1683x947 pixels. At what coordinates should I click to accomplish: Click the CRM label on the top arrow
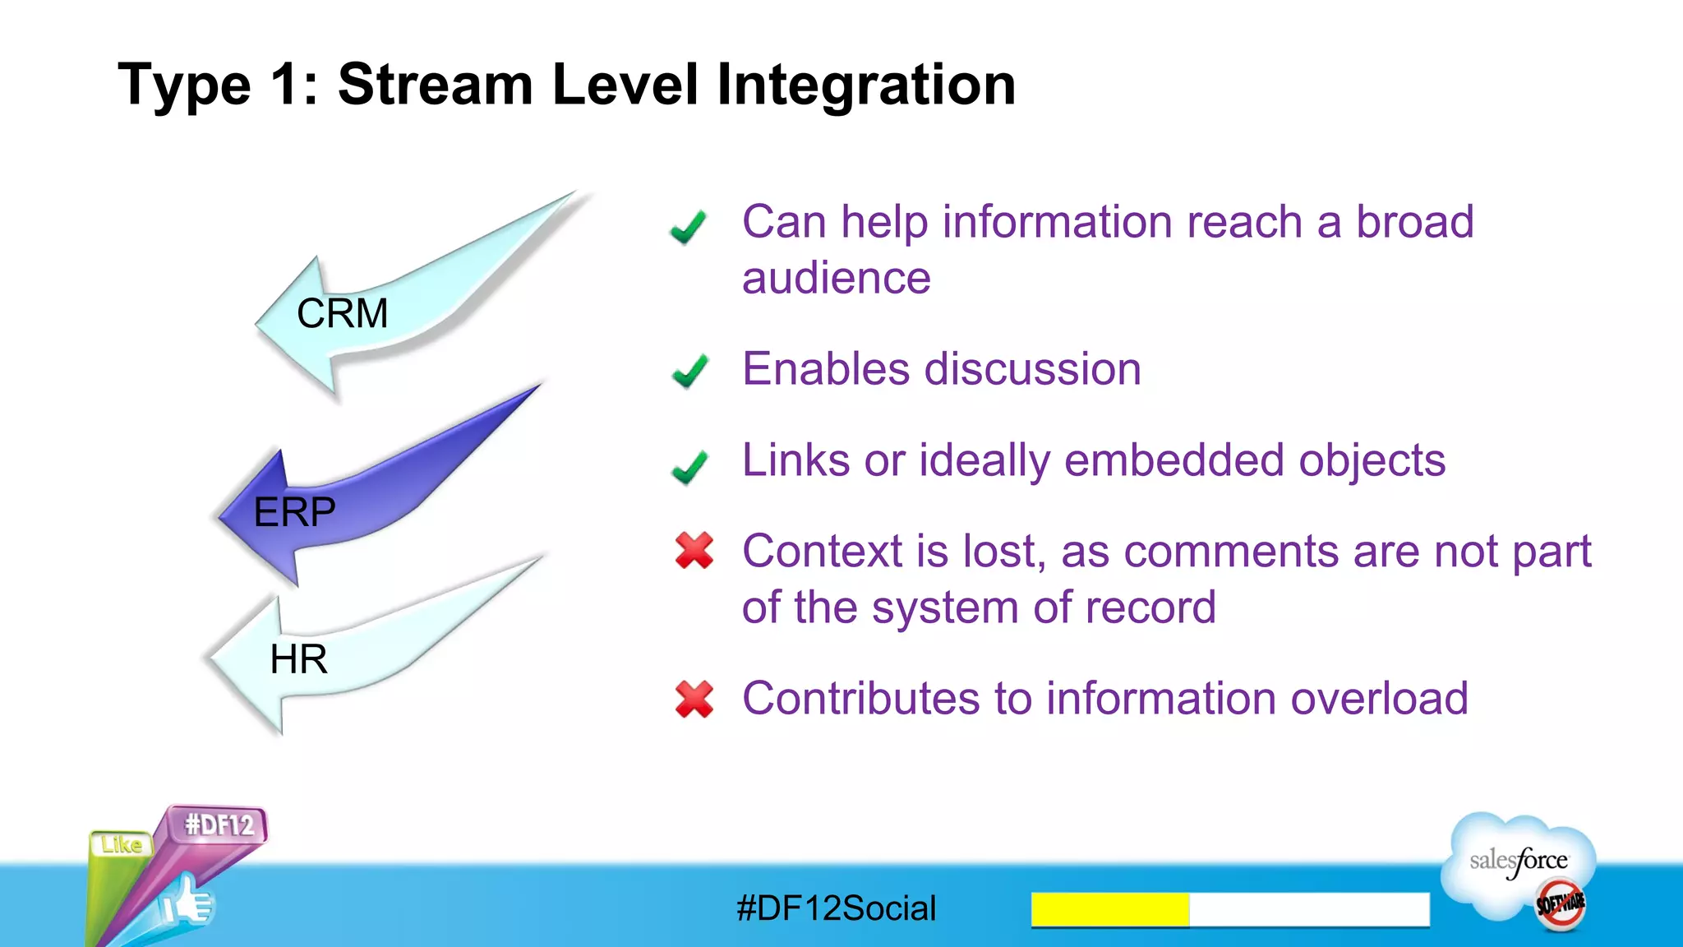(x=342, y=314)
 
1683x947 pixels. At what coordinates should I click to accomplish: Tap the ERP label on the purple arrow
(x=294, y=513)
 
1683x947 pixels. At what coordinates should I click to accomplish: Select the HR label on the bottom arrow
(x=298, y=659)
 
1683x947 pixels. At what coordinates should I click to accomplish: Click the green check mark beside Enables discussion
(x=689, y=371)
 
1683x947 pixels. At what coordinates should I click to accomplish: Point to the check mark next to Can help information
(x=688, y=227)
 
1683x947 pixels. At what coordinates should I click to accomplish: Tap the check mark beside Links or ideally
(x=689, y=467)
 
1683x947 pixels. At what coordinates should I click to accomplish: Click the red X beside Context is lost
(x=694, y=551)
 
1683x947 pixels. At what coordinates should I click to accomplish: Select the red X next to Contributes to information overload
(x=694, y=700)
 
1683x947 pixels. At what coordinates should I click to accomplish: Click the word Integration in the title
(x=865, y=85)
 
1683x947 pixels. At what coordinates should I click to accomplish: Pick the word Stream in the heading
(x=436, y=85)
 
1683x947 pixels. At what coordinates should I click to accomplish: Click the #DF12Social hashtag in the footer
(x=836, y=908)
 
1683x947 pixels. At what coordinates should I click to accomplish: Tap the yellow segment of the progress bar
(x=1109, y=909)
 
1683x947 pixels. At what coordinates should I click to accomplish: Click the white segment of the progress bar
(x=1309, y=909)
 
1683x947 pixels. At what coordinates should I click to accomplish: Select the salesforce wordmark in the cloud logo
(x=1519, y=861)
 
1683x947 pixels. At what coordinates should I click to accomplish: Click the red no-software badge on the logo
(x=1561, y=904)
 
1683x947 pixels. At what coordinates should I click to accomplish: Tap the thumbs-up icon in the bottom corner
(x=187, y=903)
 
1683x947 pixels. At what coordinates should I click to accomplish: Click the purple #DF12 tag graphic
(x=219, y=825)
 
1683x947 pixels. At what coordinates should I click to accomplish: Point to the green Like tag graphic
(x=122, y=845)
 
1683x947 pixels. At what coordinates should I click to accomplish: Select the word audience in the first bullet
(x=836, y=279)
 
